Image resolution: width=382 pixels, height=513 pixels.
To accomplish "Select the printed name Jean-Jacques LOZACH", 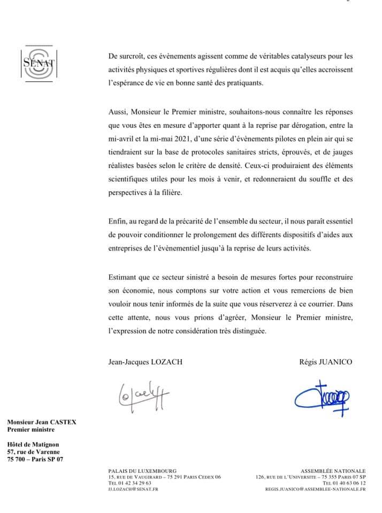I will point(145,362).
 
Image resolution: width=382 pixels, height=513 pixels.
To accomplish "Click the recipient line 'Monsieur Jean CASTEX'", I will point(42,422).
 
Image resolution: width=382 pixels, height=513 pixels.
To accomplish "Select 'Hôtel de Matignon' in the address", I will point(33,444).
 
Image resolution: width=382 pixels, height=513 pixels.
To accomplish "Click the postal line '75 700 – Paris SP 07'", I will point(35,458).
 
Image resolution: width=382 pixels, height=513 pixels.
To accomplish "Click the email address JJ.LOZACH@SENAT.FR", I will point(133,488).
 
